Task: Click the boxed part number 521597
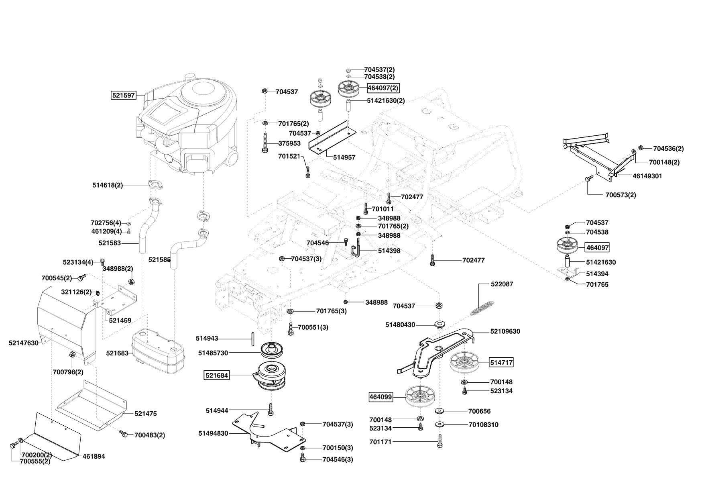pyautogui.click(x=123, y=96)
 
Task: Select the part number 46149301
pyautogui.click(x=647, y=176)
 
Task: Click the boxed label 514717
pyautogui.click(x=501, y=362)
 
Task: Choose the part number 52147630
pyautogui.click(x=24, y=343)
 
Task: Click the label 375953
pyautogui.click(x=289, y=143)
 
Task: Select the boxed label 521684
pyautogui.click(x=217, y=376)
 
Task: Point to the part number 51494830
pyautogui.click(x=213, y=433)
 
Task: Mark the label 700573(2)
pyautogui.click(x=621, y=195)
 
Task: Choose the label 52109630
pyautogui.click(x=505, y=331)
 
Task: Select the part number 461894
pyautogui.click(x=94, y=456)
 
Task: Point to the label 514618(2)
pyautogui.click(x=108, y=185)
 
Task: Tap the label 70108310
pyautogui.click(x=483, y=425)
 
